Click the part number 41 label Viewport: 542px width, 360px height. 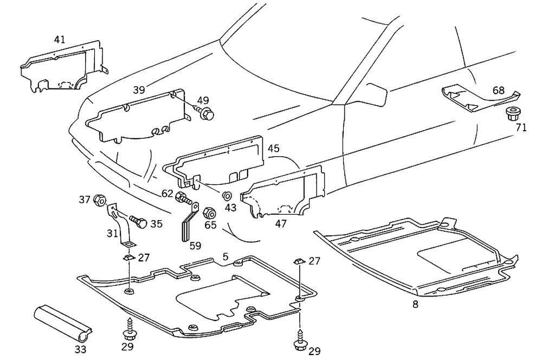click(59, 40)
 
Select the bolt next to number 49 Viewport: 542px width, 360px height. click(206, 114)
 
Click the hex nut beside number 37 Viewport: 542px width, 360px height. click(99, 200)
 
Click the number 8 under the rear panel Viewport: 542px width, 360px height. click(415, 305)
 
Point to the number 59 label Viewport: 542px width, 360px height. click(195, 245)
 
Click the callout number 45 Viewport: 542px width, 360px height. click(274, 149)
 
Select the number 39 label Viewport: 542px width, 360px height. click(139, 89)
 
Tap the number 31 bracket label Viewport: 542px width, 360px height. click(112, 234)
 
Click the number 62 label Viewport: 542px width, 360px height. click(167, 192)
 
